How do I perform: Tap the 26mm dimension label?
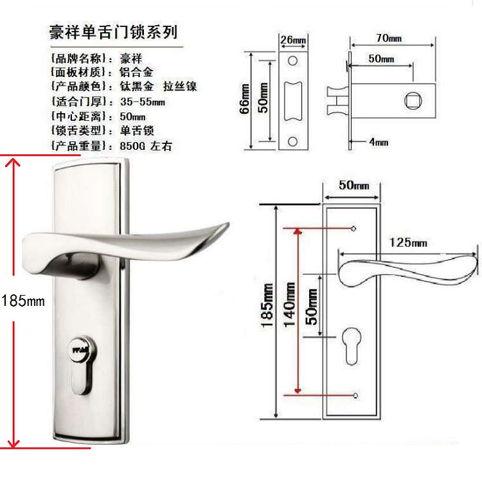pos(293,40)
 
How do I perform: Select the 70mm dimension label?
pos(389,39)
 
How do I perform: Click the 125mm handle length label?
pos(409,242)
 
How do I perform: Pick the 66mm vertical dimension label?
pos(244,98)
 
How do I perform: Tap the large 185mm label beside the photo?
pos(22,299)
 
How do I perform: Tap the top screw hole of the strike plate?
pos(292,61)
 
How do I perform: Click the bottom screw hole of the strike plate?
pos(292,141)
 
